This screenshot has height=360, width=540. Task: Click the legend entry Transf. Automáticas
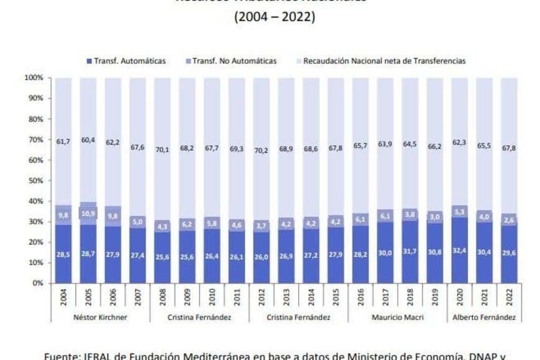point(130,61)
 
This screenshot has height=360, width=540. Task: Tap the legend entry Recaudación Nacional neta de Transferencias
point(384,61)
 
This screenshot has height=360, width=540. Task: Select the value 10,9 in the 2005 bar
point(88,212)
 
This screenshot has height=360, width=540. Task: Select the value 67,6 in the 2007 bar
point(138,147)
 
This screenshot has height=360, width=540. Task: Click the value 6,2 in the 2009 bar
point(187,222)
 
